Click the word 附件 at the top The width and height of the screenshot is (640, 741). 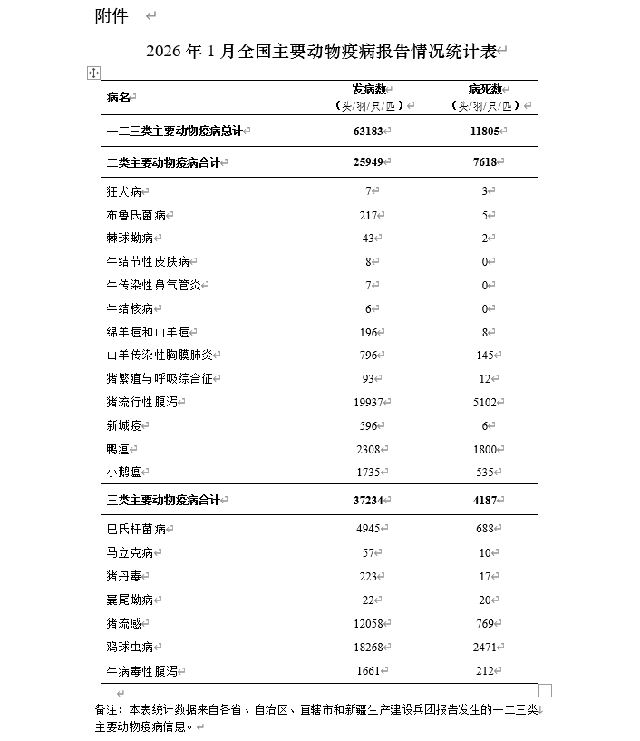pos(112,17)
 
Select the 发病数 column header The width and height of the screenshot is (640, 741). pos(371,90)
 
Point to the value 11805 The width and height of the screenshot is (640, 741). pos(485,132)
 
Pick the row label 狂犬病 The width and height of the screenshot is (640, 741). pos(124,192)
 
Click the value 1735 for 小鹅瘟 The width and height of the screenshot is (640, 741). pos(371,473)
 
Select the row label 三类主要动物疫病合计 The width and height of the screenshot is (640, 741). pos(166,501)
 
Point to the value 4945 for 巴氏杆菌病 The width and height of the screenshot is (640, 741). pos(371,529)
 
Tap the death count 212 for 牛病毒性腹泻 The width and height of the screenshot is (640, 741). pos(485,671)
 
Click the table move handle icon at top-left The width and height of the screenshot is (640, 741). pos(93,73)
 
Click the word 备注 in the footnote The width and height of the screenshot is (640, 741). pos(107,709)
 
